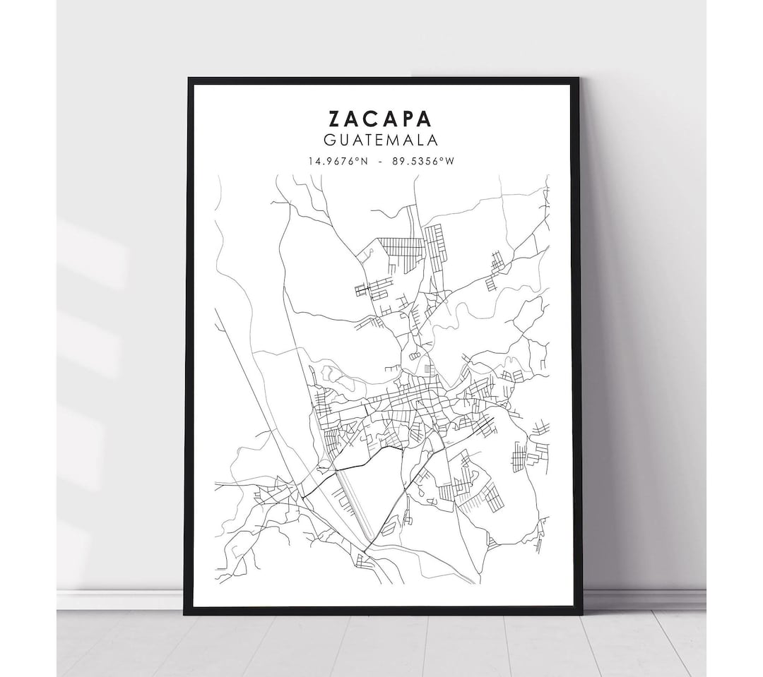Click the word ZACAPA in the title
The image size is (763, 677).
point(381,118)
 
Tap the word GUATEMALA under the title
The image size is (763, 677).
point(381,140)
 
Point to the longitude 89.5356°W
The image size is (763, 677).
point(425,161)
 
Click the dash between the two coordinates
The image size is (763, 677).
point(381,161)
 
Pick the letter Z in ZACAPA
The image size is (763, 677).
point(333,118)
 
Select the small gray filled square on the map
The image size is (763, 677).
point(428,369)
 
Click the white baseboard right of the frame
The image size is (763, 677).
point(643,599)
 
